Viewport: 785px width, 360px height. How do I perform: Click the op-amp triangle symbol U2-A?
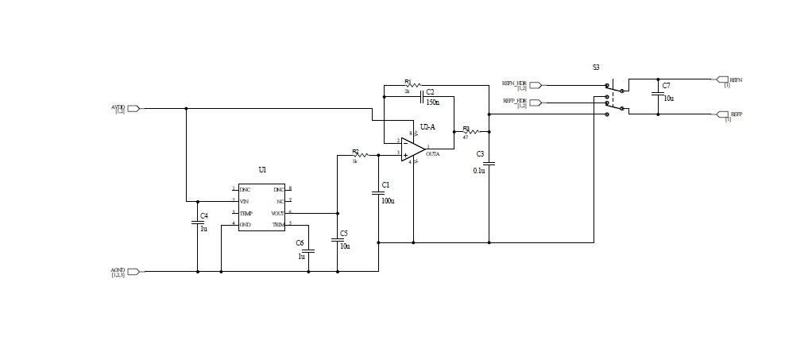412,149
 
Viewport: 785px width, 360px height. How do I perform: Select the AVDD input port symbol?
133,108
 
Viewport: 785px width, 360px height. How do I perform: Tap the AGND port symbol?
133,272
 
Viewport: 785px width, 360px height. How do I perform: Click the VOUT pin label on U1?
277,213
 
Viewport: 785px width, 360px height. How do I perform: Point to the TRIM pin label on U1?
278,225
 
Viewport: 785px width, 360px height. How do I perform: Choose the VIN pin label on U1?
245,201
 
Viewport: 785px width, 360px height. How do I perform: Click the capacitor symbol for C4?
198,223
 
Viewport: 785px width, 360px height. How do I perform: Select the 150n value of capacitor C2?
433,103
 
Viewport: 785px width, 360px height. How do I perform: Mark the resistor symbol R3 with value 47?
470,132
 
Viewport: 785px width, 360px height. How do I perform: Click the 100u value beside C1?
388,201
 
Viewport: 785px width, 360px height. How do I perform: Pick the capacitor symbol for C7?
658,92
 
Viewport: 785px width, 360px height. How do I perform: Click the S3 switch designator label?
596,68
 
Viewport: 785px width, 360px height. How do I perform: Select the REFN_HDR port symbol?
535,84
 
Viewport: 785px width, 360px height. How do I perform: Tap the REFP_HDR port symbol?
535,103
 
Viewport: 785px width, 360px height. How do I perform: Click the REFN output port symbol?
722,79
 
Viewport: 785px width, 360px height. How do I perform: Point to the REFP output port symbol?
722,114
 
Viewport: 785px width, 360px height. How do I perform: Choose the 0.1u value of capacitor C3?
480,170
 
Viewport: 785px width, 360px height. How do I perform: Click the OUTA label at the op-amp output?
433,154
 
